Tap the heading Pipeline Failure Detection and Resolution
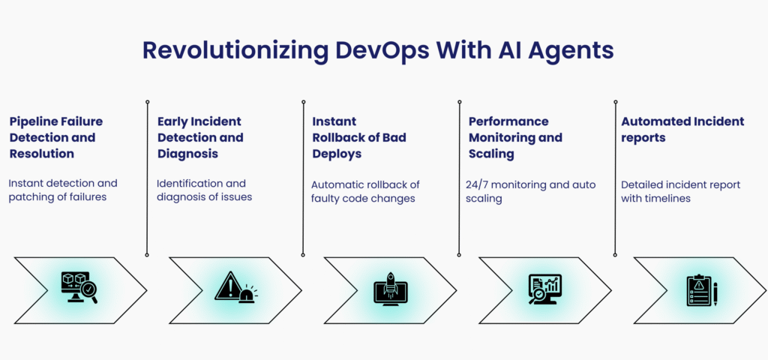point(56,137)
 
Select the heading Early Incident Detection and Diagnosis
point(200,137)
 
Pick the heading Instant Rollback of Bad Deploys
point(359,137)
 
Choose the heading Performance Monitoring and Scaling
point(515,137)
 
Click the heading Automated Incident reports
point(682,129)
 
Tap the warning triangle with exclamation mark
point(228,286)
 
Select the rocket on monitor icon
point(390,289)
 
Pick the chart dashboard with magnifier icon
point(545,289)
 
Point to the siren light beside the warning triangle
point(247,295)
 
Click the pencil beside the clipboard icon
point(715,294)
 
